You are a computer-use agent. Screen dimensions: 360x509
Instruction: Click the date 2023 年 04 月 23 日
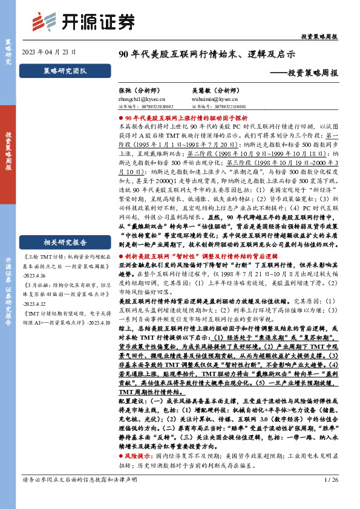click(49, 52)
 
